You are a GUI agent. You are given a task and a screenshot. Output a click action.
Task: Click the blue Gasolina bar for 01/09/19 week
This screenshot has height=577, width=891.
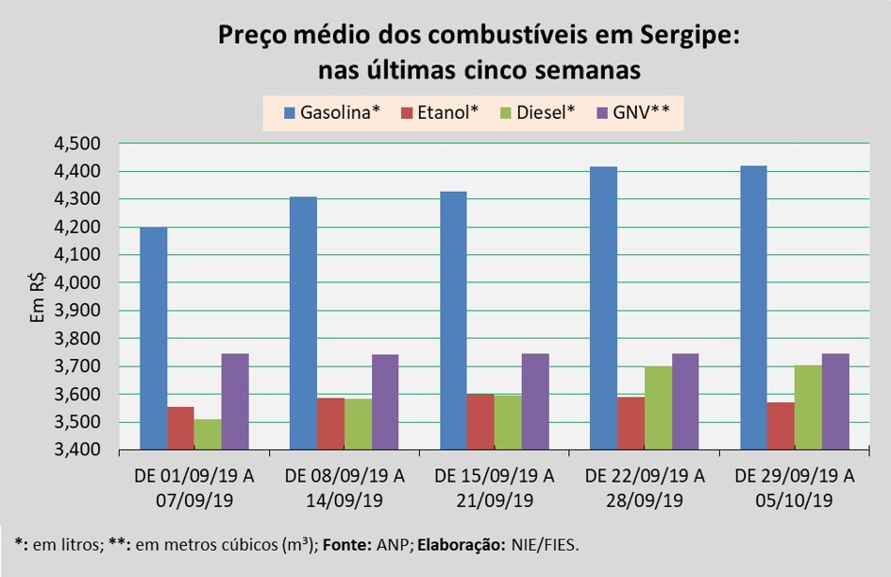pyautogui.click(x=154, y=338)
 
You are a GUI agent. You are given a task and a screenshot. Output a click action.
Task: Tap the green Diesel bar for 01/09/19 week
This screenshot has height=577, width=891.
pyautogui.click(x=208, y=434)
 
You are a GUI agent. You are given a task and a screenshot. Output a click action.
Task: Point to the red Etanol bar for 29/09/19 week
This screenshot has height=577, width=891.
pyautogui.click(x=781, y=426)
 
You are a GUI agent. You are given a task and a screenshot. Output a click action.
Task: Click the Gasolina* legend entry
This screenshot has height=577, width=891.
pyautogui.click(x=331, y=113)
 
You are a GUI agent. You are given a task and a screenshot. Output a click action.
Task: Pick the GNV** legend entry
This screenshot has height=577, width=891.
pyautogui.click(x=634, y=113)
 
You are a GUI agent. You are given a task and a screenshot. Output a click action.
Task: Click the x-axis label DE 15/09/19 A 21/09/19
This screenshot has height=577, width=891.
pyautogui.click(x=494, y=487)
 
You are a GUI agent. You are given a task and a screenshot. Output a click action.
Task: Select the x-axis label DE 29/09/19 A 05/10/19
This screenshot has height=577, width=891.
pyautogui.click(x=795, y=487)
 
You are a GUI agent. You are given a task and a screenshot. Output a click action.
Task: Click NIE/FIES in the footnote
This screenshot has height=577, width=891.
pyautogui.click(x=546, y=545)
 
